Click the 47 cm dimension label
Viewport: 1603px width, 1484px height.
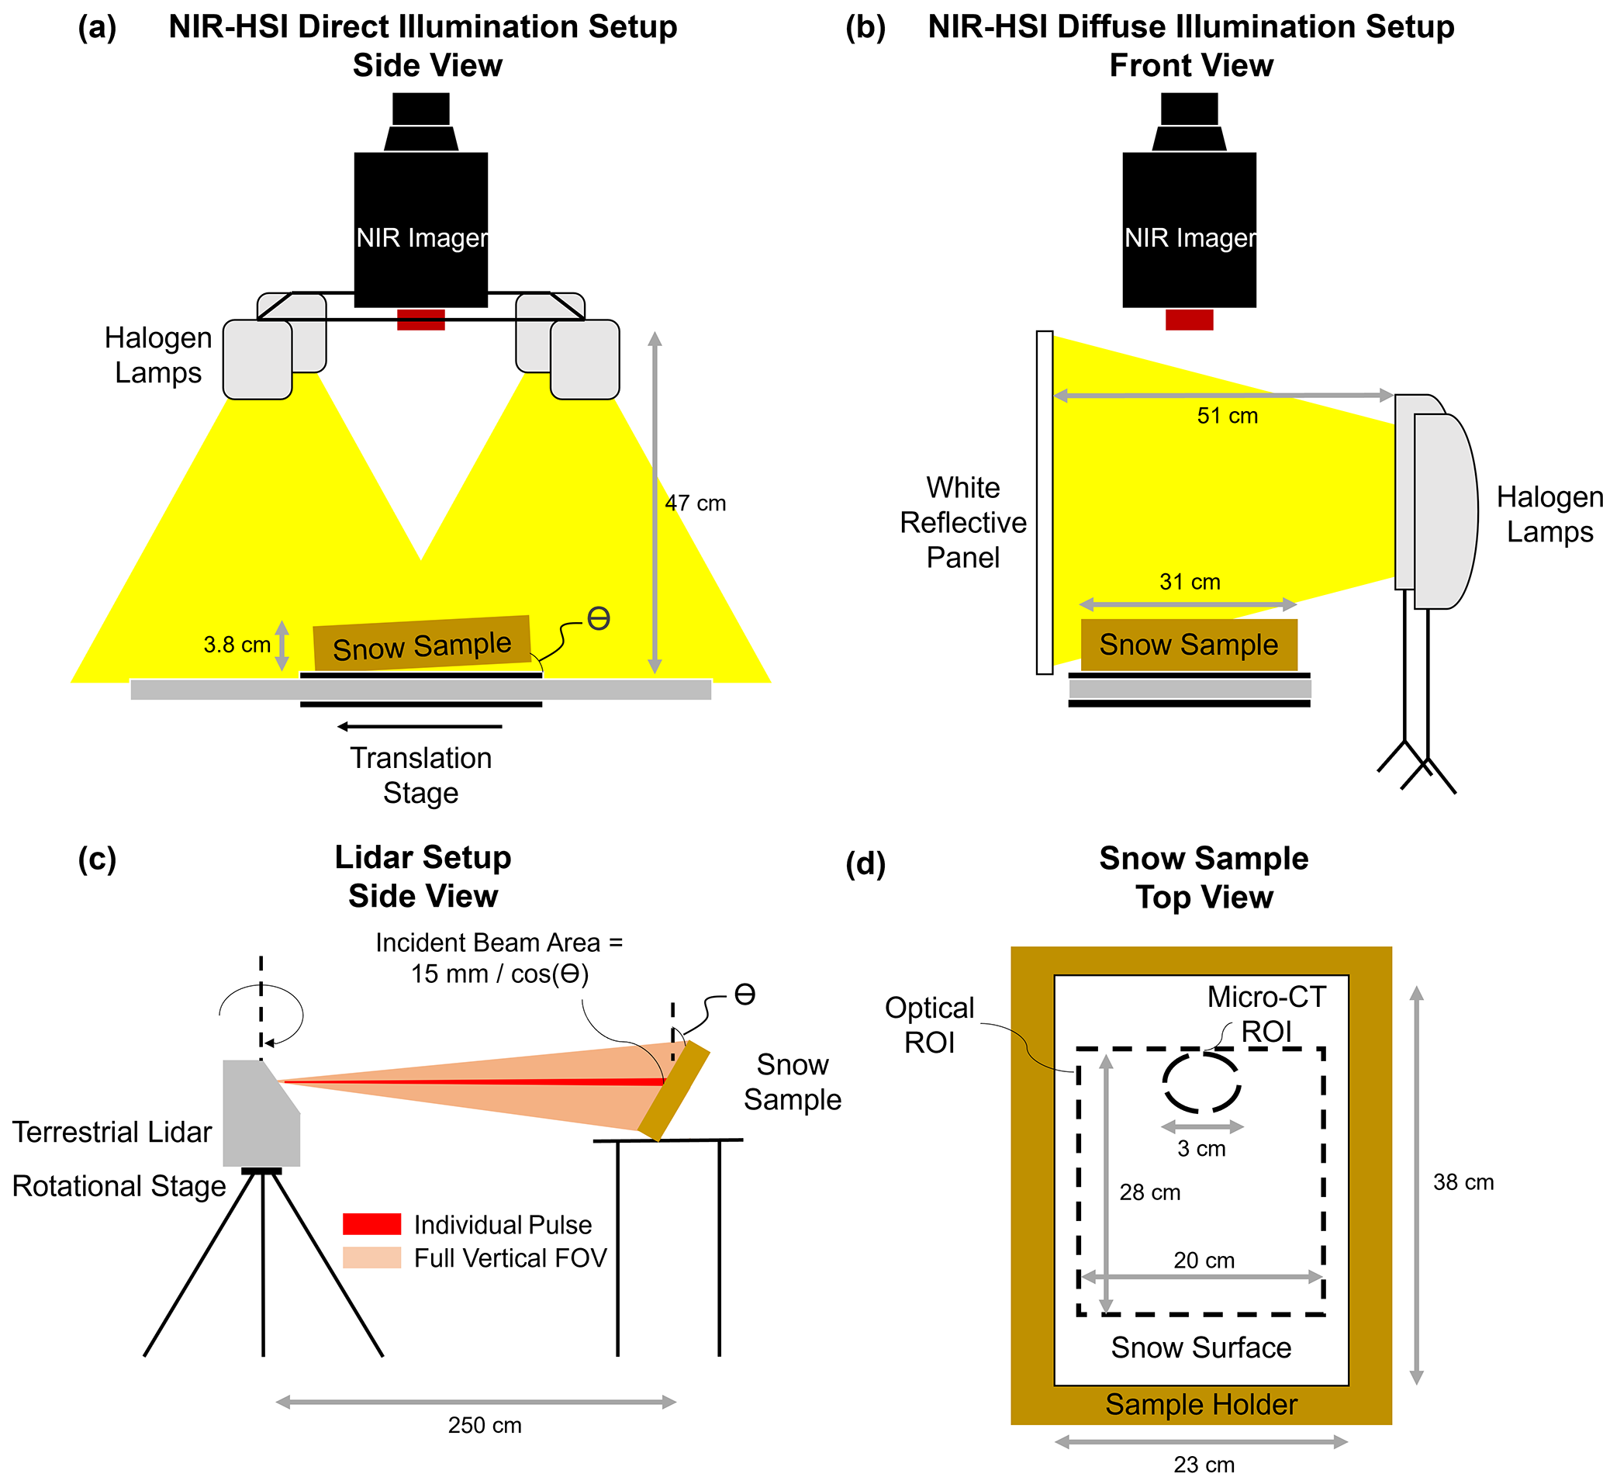pos(694,503)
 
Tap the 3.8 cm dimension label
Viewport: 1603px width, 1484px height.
pos(236,645)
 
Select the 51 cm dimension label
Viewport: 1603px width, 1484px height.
pos(1227,416)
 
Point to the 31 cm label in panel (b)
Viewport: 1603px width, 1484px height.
pos(1189,583)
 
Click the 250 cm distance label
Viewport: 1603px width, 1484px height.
pos(484,1425)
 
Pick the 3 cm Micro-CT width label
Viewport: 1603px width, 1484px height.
pos(1201,1149)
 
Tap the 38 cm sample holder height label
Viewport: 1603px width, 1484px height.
pos(1463,1183)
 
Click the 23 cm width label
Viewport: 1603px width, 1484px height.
pos(1204,1465)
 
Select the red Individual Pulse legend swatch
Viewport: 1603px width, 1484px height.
pos(371,1224)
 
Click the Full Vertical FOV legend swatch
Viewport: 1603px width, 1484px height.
pos(371,1257)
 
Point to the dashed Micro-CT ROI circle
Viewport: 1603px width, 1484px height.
pos(1201,1082)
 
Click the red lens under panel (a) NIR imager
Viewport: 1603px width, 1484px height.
pos(420,320)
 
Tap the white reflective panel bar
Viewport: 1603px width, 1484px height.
pos(1044,502)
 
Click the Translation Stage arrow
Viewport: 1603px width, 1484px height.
pos(420,727)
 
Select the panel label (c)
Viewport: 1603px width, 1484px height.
pos(97,859)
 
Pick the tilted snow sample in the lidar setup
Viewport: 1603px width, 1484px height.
pos(674,1091)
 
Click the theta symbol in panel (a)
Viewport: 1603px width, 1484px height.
pos(598,618)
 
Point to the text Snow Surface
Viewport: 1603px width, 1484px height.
pos(1200,1347)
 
